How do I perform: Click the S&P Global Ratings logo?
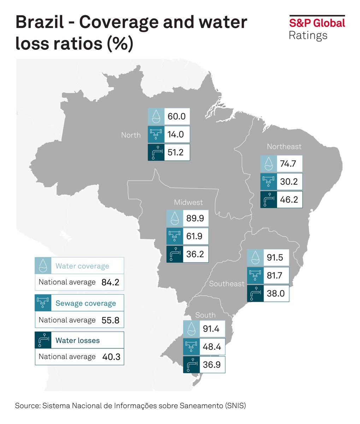coord(317,28)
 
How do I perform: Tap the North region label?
coord(131,135)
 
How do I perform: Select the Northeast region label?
coord(284,146)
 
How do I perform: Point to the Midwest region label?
coord(188,202)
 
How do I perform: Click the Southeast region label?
coord(226,284)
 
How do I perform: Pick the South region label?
coord(205,315)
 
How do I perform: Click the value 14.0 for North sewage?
coord(176,134)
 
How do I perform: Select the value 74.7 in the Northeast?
coord(288,164)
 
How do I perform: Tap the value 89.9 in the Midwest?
coord(195,218)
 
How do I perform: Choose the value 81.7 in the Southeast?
coord(275,275)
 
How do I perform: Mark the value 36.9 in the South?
coord(211,365)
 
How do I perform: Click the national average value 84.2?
coord(110,282)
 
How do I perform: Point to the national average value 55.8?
coord(110,320)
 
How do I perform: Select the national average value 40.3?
coord(111,357)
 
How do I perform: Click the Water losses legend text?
coord(78,341)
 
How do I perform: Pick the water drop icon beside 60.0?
coord(156,117)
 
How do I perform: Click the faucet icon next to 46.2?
coord(268,200)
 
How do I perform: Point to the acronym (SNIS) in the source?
coord(235,406)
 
